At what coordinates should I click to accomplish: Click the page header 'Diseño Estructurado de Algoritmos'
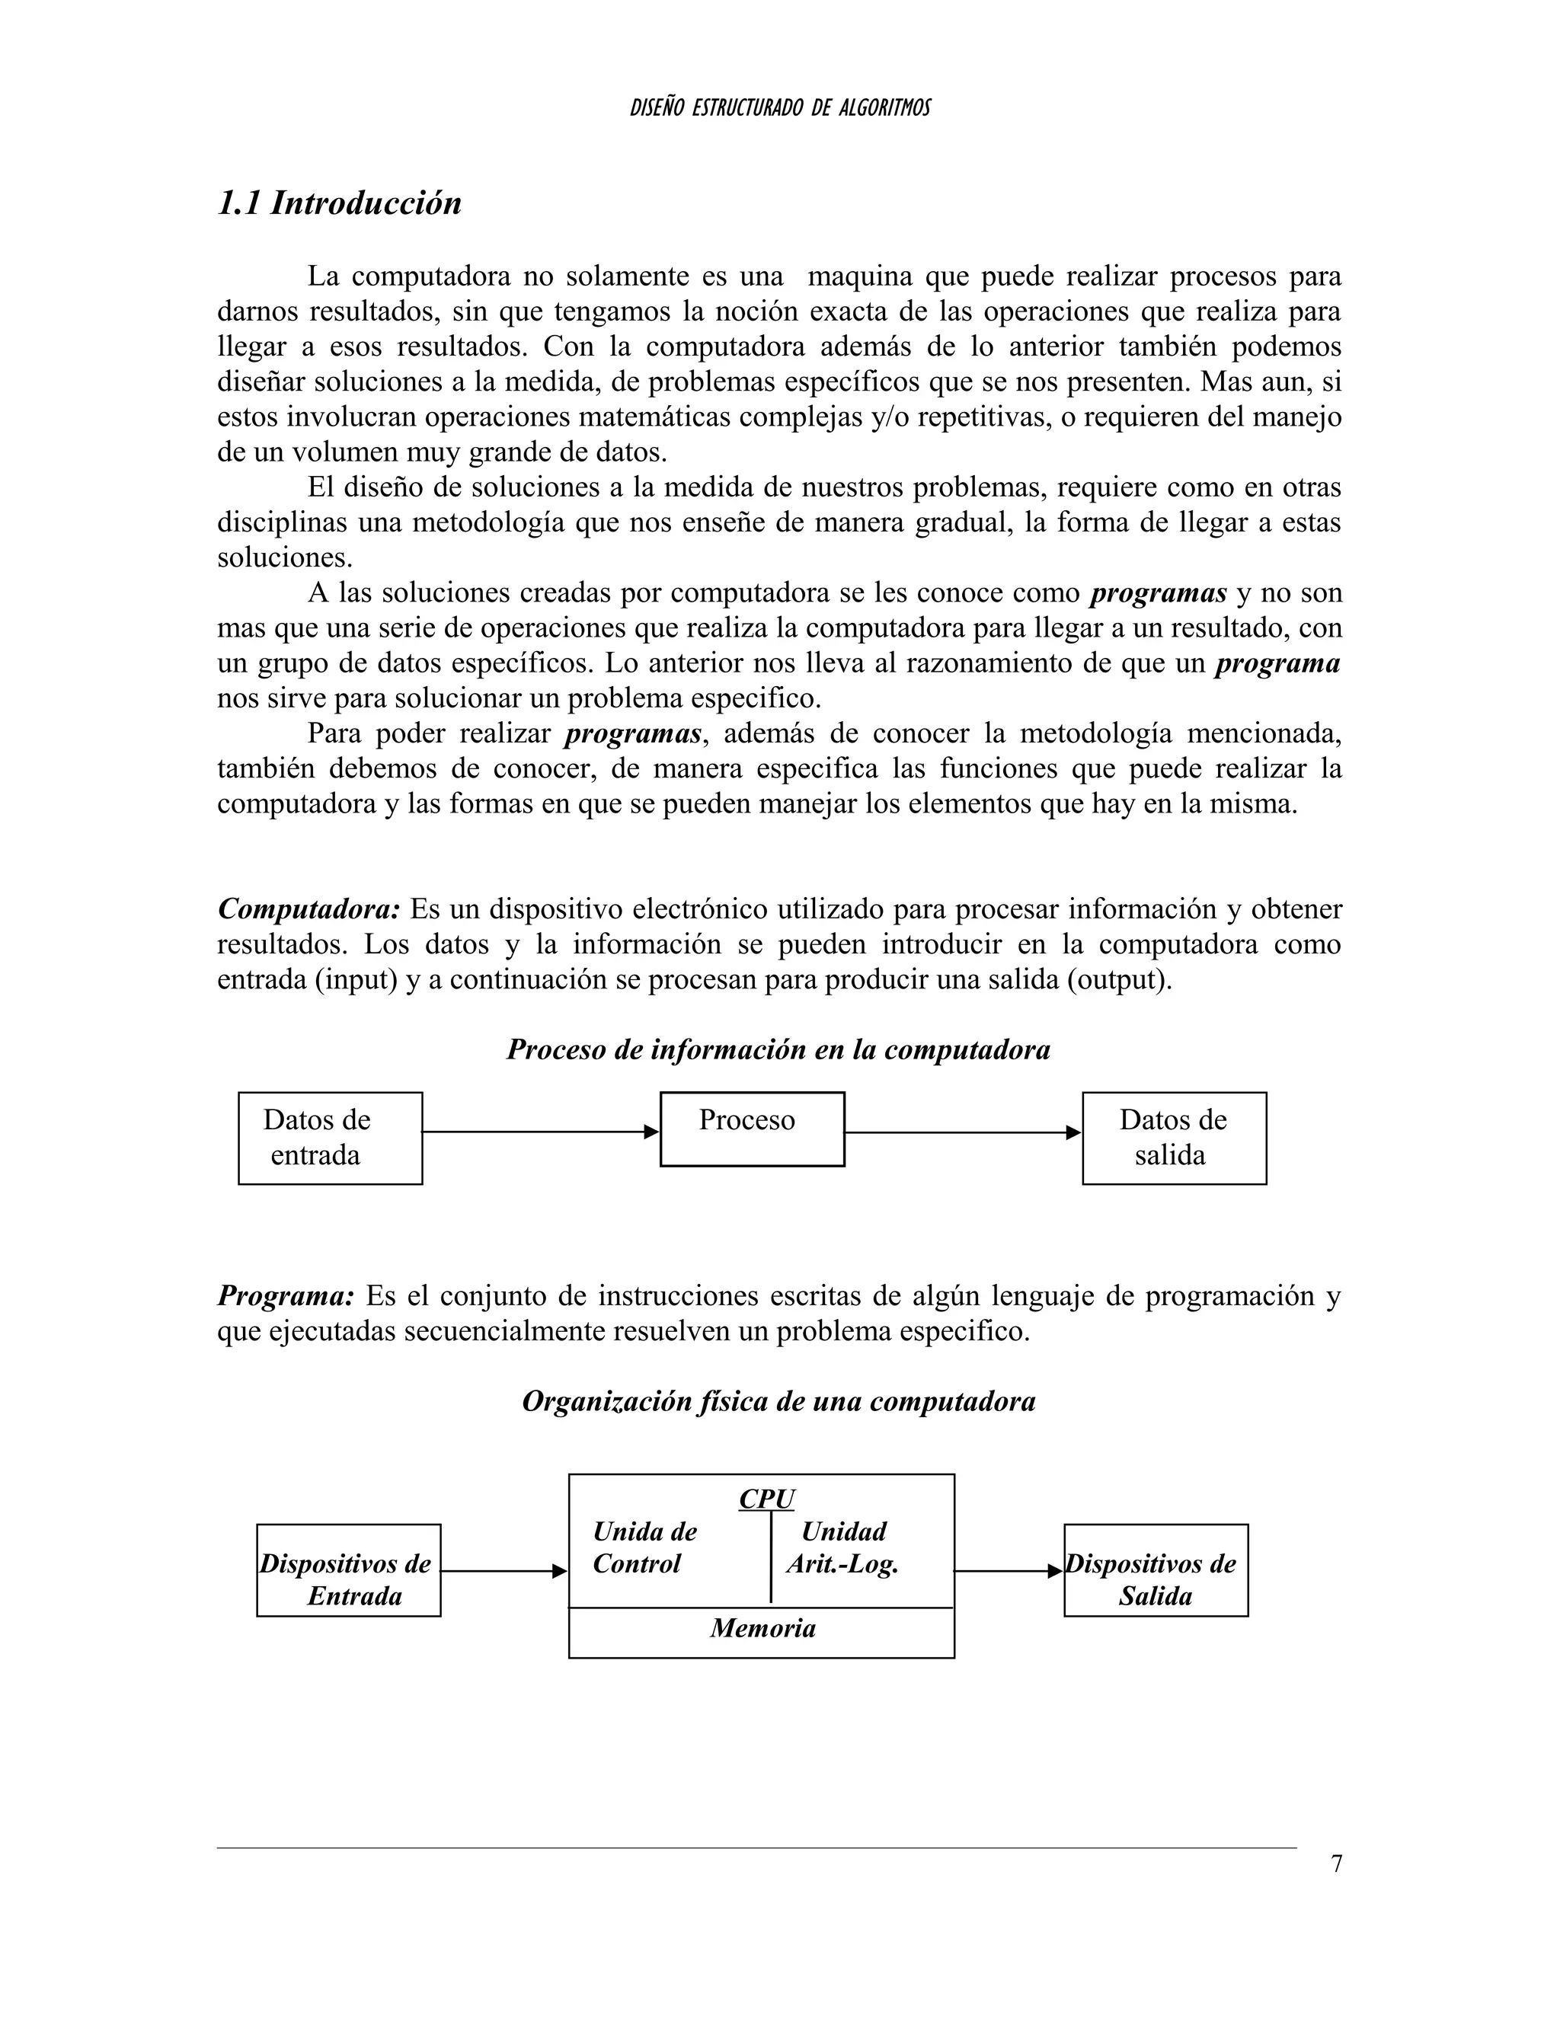779,108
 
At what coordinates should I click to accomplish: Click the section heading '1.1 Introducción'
339,203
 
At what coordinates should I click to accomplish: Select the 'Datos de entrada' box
330,1138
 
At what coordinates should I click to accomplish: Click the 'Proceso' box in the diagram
751,1129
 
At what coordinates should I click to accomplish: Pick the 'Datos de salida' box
1174,1138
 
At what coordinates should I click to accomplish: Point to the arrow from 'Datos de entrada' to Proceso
541,1132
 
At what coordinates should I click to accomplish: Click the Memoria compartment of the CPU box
762,1629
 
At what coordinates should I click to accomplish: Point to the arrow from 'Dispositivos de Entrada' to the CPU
503,1571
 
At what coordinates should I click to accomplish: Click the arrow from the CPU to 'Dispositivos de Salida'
1007,1571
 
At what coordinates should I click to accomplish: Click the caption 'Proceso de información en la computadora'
778,1049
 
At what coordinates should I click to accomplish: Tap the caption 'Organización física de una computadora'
778,1402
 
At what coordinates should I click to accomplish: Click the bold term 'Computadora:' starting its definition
308,909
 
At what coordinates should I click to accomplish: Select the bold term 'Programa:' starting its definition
286,1296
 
